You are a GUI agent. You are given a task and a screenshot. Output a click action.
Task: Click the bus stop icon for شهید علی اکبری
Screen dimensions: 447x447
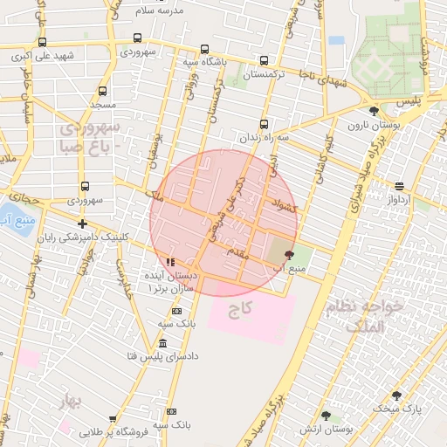click(41, 41)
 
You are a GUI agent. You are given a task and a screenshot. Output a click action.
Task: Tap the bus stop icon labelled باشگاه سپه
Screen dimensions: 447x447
click(204, 49)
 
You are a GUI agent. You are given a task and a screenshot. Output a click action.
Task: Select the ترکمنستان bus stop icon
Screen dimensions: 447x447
click(265, 60)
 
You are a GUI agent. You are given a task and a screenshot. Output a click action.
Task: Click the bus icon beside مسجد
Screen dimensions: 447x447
click(103, 91)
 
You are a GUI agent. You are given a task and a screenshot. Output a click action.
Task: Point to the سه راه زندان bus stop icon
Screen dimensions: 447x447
click(265, 123)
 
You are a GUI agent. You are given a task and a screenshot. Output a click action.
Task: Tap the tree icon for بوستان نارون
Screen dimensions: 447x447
click(375, 111)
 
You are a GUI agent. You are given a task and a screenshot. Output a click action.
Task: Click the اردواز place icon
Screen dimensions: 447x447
click(399, 185)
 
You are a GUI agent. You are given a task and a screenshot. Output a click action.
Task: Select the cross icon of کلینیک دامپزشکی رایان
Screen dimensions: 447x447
click(82, 223)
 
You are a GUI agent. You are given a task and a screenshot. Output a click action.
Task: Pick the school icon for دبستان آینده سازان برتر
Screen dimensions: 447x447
click(170, 261)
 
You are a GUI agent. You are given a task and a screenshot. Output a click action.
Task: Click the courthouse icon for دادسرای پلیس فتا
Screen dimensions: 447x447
click(163, 340)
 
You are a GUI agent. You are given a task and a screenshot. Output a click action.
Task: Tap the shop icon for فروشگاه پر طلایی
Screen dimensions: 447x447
click(113, 419)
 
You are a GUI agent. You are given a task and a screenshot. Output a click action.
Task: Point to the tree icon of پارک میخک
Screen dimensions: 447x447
click(396, 395)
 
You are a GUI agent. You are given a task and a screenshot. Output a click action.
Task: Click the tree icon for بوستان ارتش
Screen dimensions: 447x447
click(326, 416)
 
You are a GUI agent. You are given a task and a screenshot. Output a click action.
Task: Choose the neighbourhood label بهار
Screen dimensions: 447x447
click(69, 402)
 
